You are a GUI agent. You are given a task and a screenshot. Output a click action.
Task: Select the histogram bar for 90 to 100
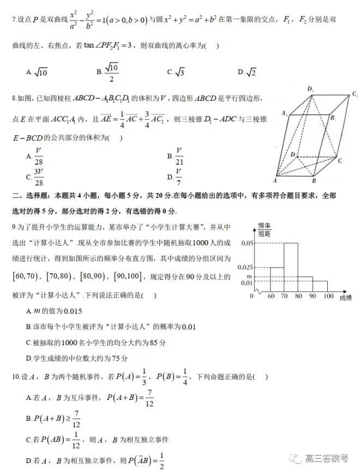click(320, 286)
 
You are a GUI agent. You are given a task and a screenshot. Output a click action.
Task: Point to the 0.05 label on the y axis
click(246, 243)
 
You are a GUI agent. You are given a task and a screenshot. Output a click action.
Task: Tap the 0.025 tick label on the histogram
click(245, 267)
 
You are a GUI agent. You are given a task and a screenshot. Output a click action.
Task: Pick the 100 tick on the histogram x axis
click(328, 296)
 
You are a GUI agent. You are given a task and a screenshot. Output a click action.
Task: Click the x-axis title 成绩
click(345, 297)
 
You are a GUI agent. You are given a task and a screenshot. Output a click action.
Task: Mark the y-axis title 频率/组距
click(265, 229)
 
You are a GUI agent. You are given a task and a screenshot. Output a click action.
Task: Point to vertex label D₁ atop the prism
click(311, 88)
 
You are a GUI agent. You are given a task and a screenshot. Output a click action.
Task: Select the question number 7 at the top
click(14, 20)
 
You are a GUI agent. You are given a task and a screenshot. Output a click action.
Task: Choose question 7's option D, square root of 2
click(250, 71)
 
